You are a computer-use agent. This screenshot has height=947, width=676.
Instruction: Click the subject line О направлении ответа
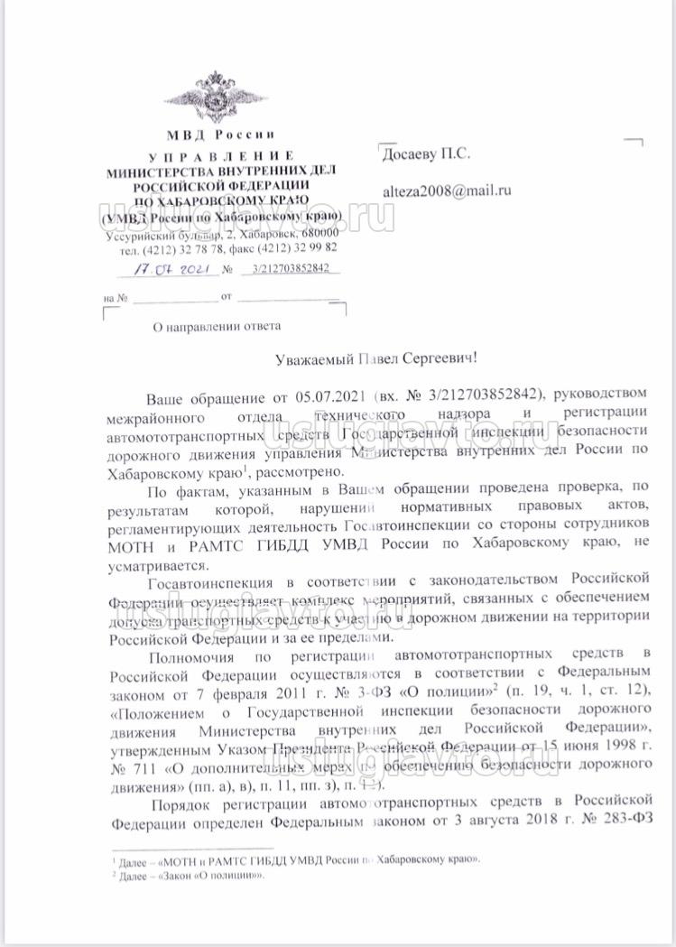(217, 326)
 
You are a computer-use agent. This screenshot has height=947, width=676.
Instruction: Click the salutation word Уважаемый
(312, 358)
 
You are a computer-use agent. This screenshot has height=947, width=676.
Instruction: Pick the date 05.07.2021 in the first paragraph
(329, 396)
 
